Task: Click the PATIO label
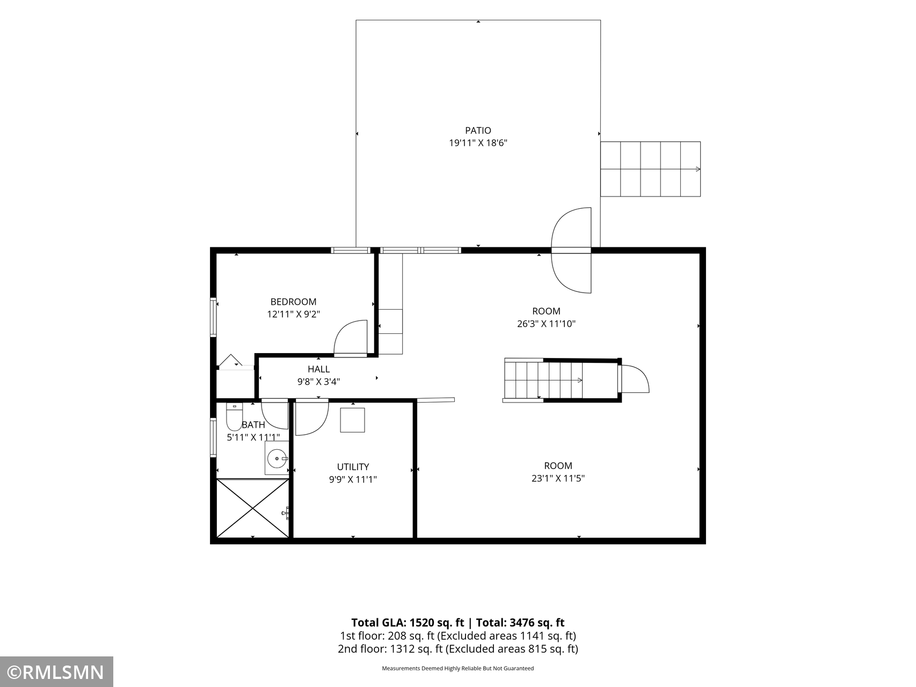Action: point(478,130)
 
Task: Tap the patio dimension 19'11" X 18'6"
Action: point(478,143)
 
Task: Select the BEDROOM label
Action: point(293,302)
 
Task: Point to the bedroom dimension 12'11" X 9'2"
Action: point(293,315)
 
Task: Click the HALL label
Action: point(318,369)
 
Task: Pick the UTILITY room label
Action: point(353,467)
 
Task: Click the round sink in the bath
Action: point(277,458)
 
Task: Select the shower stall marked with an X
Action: point(252,508)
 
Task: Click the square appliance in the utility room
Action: point(352,420)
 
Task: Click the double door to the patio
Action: point(571,250)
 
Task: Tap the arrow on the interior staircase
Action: point(579,381)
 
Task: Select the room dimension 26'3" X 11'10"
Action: point(546,324)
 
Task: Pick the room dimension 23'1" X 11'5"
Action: point(558,478)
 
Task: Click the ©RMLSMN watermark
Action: point(56,672)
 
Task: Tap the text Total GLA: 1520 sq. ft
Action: point(408,623)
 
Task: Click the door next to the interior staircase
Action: point(634,378)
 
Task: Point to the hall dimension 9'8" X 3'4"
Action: point(318,382)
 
